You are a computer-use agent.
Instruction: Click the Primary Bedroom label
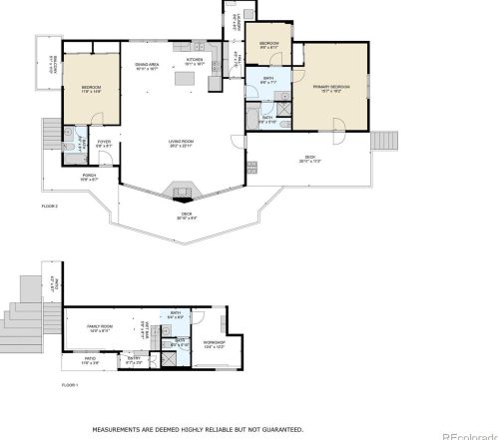click(x=334, y=89)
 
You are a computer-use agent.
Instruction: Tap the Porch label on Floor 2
click(x=88, y=178)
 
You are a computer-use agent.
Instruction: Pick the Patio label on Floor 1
click(x=89, y=360)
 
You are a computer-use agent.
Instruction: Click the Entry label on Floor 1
click(x=134, y=361)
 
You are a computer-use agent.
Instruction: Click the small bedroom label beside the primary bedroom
click(x=269, y=45)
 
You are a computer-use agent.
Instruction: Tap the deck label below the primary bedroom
click(x=310, y=159)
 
